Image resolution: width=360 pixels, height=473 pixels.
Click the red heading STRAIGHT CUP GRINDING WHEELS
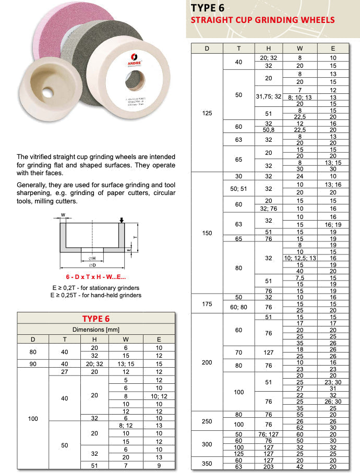click(x=262, y=20)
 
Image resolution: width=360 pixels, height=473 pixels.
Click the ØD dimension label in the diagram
click(x=91, y=264)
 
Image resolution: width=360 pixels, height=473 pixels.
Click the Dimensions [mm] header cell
click(x=96, y=330)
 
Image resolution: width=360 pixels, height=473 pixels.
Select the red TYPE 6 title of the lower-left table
click(x=96, y=319)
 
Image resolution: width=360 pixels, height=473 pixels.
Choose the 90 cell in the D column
click(x=33, y=364)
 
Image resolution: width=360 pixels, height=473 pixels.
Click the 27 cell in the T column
click(x=65, y=372)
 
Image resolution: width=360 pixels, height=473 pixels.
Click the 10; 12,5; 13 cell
click(x=300, y=258)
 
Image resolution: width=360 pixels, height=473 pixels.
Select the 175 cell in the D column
click(x=207, y=304)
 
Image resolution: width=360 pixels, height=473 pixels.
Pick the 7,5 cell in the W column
click(x=300, y=278)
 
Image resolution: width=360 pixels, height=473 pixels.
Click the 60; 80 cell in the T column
click(x=239, y=307)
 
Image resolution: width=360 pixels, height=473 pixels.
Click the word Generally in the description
click(x=33, y=186)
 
